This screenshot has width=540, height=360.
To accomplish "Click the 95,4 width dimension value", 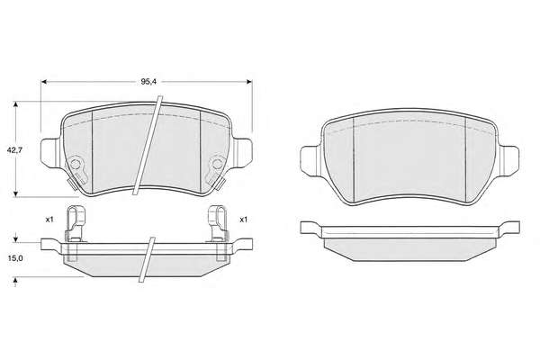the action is coord(148,82).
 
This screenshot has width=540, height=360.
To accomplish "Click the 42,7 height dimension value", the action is coord(14,150).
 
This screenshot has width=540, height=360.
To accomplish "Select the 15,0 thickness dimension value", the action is coord(14,258).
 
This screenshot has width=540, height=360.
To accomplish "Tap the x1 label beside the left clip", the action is coord(49,220).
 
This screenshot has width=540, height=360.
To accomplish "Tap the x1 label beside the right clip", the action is coord(244,220).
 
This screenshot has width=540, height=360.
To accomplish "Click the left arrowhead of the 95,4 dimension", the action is coord(44,82).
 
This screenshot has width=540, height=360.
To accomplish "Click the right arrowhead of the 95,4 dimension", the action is coord(249,82).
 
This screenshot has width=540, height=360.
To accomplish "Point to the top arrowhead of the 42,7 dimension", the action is coord(15,104).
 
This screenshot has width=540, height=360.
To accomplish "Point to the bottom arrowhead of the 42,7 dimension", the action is coord(15,194).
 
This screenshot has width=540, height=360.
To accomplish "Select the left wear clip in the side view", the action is coord(75,223).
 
